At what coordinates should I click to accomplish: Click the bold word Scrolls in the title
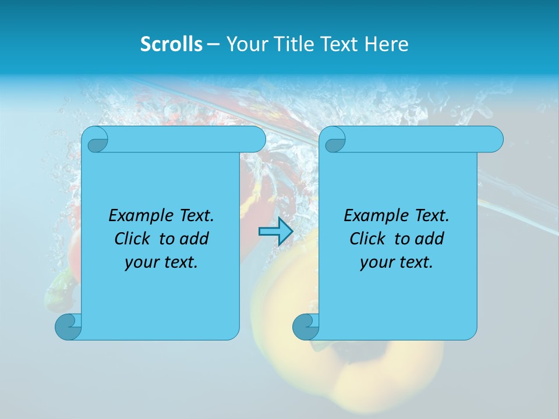171,44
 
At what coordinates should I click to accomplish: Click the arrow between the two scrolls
275,232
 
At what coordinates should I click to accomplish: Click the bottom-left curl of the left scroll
68,326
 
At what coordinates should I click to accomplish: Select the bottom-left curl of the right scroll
306,326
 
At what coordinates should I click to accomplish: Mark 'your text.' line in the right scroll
397,262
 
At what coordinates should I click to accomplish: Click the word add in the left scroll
194,239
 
